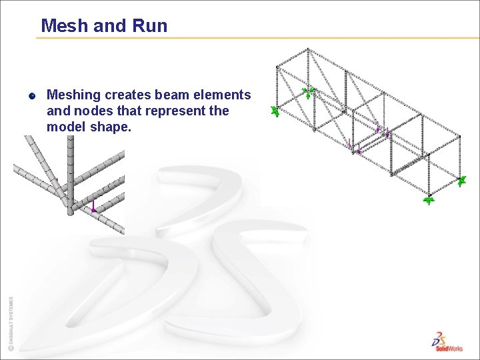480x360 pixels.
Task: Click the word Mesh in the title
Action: tap(62, 26)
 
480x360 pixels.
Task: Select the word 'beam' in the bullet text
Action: tap(175, 95)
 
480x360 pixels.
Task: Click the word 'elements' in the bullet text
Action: tap(225, 95)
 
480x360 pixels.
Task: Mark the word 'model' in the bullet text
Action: tap(65, 126)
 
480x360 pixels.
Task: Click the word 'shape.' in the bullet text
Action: tap(110, 126)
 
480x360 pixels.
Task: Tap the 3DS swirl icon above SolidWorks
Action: tap(440, 337)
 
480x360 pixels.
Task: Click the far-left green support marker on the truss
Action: tap(274, 111)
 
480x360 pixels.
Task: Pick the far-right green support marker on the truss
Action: tap(462, 179)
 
